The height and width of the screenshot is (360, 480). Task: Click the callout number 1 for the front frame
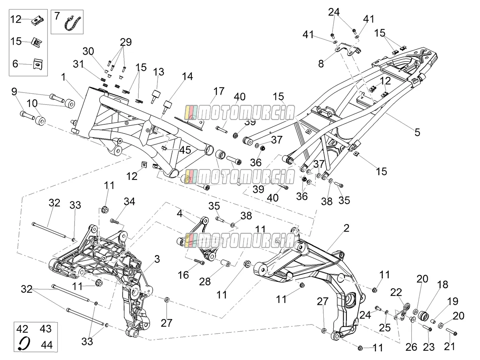(63, 77)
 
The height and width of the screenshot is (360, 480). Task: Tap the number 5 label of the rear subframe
(417, 132)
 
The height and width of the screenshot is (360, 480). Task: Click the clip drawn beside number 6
(38, 64)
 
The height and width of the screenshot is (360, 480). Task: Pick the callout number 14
(187, 76)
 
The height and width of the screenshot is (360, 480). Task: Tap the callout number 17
(219, 91)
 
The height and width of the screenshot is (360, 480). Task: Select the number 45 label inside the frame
(185, 150)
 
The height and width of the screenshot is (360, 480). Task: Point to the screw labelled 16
(199, 262)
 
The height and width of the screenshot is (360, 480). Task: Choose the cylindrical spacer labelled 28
(225, 263)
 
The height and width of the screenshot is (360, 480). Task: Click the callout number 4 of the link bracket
(179, 214)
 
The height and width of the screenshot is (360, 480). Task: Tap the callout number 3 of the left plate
(157, 259)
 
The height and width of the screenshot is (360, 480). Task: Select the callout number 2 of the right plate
(346, 228)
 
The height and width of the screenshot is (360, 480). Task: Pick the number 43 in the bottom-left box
(45, 329)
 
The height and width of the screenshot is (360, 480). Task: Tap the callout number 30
(88, 51)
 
